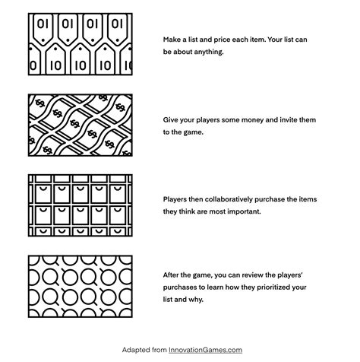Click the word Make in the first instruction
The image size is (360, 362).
tap(172, 40)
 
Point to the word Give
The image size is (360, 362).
tap(170, 119)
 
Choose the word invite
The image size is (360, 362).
tap(289, 119)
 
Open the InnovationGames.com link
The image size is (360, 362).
tap(205, 350)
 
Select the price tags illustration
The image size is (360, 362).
tap(81, 44)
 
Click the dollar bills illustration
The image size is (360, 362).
tap(81, 125)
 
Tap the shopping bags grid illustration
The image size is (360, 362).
tap(81, 205)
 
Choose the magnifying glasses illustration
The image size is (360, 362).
tap(81, 287)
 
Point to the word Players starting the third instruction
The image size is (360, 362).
tap(173, 199)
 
